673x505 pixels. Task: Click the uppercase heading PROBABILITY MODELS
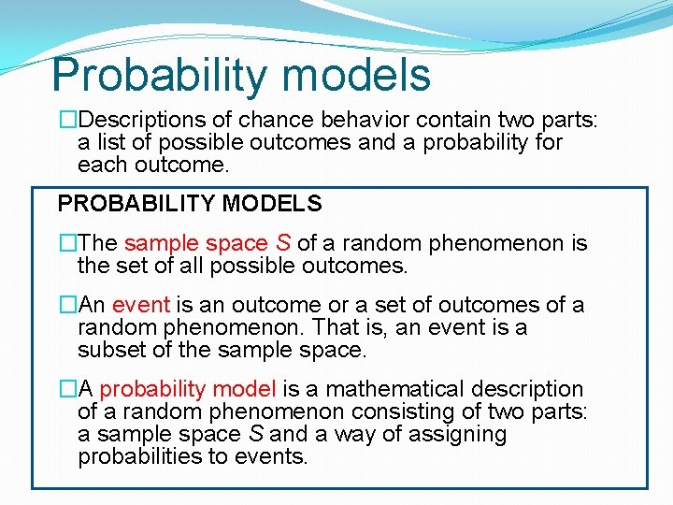coord(190,203)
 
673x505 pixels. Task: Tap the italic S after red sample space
coord(283,243)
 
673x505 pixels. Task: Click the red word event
coord(140,305)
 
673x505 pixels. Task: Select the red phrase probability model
coord(188,389)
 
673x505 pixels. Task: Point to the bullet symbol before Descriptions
coord(67,120)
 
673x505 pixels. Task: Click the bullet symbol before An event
coord(67,305)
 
